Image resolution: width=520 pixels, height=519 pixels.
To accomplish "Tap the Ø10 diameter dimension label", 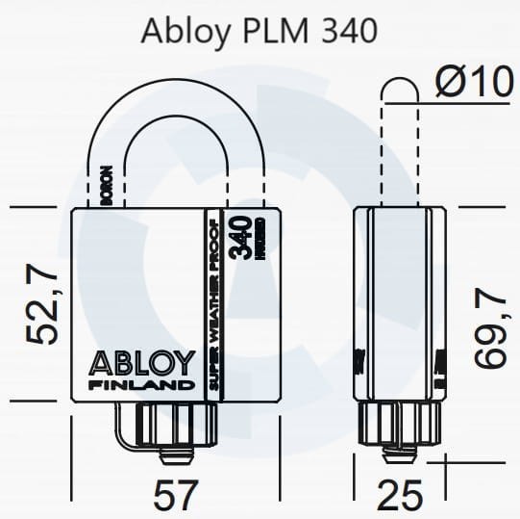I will coord(473,83).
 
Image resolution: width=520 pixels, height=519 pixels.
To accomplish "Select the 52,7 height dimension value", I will coord(44,306).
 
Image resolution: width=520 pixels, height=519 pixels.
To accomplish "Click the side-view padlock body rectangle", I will coord(400,303).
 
